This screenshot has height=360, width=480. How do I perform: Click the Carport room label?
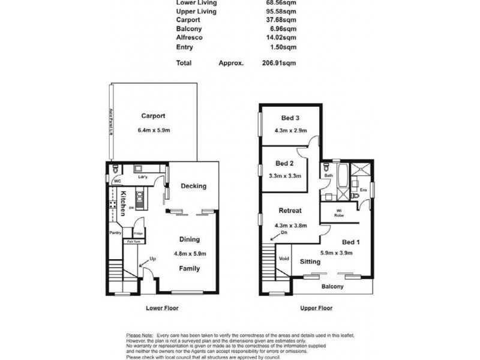coord(153,116)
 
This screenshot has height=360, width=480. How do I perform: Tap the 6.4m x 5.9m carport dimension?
coord(154,130)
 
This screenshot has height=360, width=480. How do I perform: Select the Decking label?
coord(193,186)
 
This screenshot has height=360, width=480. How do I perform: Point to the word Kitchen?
coord(122,203)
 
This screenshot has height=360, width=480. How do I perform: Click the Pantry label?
coord(115,232)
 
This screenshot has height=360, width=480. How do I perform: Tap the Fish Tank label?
coord(133,241)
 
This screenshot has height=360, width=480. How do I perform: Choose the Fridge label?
coord(137,233)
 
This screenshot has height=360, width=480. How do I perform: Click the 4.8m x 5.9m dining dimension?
coord(190,253)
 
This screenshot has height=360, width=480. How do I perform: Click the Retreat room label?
coord(289,211)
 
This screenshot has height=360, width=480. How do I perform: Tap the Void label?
coord(284,259)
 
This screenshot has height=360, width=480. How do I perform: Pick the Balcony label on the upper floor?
coord(332,287)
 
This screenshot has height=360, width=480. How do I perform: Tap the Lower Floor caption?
coord(162,308)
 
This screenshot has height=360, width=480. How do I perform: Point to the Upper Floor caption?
coord(316,308)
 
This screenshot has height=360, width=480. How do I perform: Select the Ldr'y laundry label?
coord(142,177)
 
